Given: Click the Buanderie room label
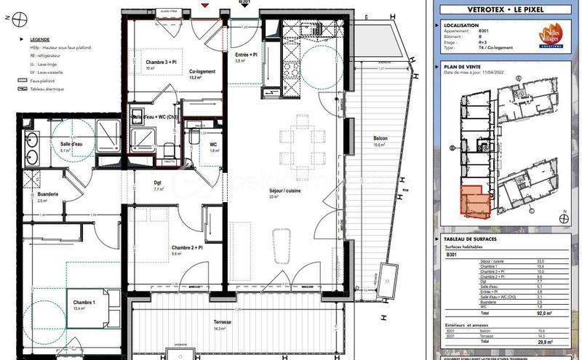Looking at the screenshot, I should tap(47, 195).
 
